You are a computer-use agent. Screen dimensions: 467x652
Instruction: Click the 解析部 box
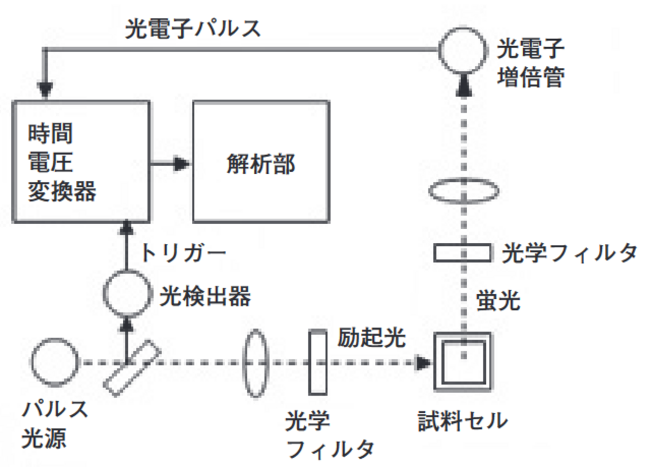261,161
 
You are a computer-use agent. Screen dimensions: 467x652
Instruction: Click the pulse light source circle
54,361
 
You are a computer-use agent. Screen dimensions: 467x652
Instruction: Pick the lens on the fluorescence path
463,191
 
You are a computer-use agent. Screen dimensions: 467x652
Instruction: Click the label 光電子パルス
193,28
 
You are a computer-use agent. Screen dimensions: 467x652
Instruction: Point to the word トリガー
183,253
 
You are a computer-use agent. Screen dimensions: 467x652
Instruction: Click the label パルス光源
54,424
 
